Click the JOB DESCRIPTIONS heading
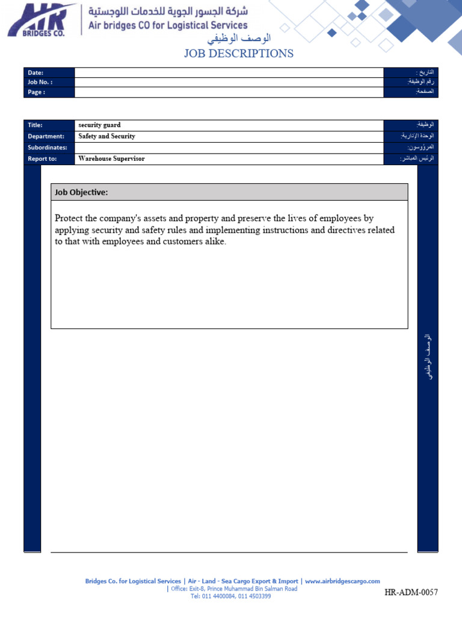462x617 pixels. click(x=239, y=54)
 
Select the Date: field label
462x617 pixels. click(x=35, y=72)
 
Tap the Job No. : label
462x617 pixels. click(x=40, y=82)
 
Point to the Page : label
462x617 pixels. click(x=36, y=92)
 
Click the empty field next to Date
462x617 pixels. click(x=229, y=72)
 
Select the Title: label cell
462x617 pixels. click(x=35, y=125)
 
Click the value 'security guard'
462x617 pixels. click(x=99, y=125)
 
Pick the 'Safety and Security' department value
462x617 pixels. click(x=106, y=136)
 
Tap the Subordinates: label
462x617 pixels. click(x=47, y=148)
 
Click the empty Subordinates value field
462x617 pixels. click(x=229, y=148)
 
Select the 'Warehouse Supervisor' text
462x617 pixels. click(x=111, y=159)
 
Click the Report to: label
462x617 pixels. click(x=42, y=159)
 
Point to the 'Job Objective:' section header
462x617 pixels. click(x=81, y=192)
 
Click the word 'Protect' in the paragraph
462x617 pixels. click(x=69, y=218)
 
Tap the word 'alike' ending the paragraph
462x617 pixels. click(x=214, y=242)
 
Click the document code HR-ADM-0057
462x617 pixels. click(x=411, y=593)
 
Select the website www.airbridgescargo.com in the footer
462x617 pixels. click(x=342, y=581)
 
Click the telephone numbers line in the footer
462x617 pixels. click(x=230, y=597)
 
